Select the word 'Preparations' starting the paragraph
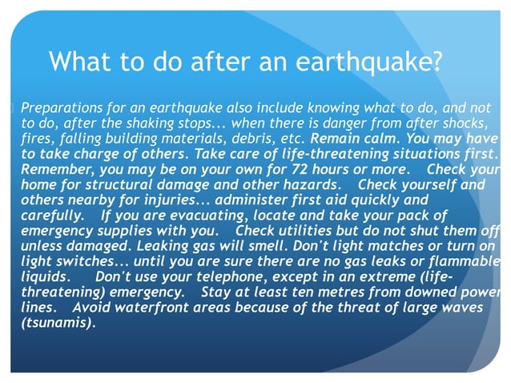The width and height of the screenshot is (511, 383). tap(62, 108)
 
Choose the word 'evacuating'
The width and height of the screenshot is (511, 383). tap(182, 216)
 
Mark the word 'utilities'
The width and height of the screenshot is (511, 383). tap(304, 231)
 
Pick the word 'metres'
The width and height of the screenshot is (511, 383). tap(326, 292)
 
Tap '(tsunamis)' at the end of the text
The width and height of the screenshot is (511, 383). tap(57, 323)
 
